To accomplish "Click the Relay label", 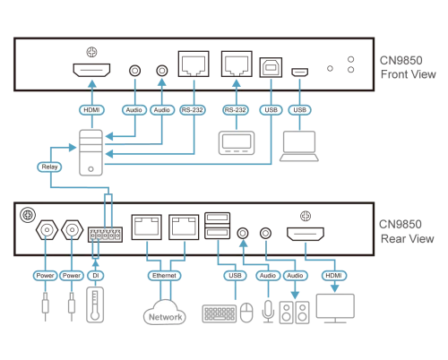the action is click(49, 167).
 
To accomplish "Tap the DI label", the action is click(96, 275).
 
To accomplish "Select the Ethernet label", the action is click(164, 275).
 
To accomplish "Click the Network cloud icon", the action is click(165, 313).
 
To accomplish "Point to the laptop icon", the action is click(299, 146).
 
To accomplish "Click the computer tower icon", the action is click(91, 152).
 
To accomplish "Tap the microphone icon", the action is click(268, 312).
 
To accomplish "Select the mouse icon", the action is click(246, 313).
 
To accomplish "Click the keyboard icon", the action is click(220, 313).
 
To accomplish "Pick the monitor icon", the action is click(335, 308).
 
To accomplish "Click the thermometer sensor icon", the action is click(95, 304).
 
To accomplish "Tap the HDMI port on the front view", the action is click(91, 70).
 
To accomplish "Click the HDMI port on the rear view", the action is click(306, 234).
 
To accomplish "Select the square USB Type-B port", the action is click(271, 67).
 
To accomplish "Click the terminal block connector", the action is click(105, 235).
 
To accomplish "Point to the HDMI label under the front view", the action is click(91, 110).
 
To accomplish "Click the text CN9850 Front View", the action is click(408, 67).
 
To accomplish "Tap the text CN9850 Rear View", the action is click(407, 232).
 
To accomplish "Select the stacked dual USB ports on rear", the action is click(218, 226).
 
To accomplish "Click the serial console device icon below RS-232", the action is click(237, 142).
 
